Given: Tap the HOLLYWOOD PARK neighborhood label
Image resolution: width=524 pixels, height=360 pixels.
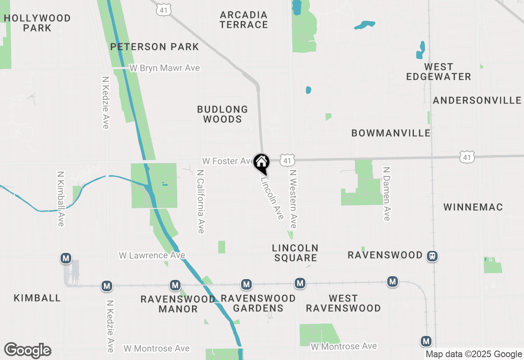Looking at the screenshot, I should pyautogui.click(x=37, y=23).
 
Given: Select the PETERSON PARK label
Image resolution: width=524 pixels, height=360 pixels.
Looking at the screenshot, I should pyautogui.click(x=154, y=47).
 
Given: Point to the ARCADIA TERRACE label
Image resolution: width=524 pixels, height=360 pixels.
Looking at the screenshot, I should pyautogui.click(x=244, y=20).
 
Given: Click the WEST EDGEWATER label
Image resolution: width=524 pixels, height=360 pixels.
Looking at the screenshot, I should pyautogui.click(x=438, y=72).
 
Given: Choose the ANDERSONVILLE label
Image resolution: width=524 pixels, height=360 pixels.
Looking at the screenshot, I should pyautogui.click(x=477, y=100).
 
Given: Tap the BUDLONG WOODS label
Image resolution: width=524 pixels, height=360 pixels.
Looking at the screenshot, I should pyautogui.click(x=222, y=114).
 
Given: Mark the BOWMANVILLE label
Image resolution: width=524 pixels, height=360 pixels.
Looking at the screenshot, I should pyautogui.click(x=391, y=133).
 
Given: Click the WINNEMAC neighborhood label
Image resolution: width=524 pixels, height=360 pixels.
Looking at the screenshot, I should pyautogui.click(x=473, y=207).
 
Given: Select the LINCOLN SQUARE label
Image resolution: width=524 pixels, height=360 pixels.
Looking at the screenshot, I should pyautogui.click(x=295, y=253).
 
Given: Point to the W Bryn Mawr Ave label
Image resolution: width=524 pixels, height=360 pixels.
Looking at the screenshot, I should pyautogui.click(x=165, y=68).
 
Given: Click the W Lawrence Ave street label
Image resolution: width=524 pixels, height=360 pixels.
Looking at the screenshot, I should pyautogui.click(x=152, y=255).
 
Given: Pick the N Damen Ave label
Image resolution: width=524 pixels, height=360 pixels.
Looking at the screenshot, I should pyautogui.click(x=387, y=193).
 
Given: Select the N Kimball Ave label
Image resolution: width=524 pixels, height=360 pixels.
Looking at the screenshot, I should pyautogui.click(x=61, y=199).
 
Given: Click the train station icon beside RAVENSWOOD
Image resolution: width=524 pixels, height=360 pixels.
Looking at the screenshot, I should pyautogui.click(x=432, y=256).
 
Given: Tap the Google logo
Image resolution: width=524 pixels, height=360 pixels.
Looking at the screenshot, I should pyautogui.click(x=27, y=350).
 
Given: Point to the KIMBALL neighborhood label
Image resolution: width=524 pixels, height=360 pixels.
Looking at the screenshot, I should pyautogui.click(x=37, y=298).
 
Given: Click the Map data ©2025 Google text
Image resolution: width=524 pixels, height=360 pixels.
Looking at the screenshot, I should pyautogui.click(x=474, y=354).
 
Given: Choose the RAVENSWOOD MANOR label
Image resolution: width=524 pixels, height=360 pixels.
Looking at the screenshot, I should pyautogui.click(x=178, y=304).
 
